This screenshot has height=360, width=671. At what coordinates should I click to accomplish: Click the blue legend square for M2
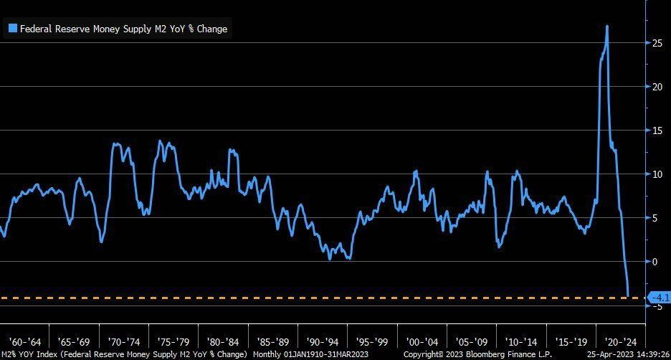[12, 29]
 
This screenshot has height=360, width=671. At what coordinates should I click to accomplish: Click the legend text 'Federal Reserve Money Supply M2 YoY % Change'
[123, 29]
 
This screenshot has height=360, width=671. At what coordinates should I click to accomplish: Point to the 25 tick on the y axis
[656, 44]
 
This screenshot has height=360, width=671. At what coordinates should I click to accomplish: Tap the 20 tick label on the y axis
[656, 87]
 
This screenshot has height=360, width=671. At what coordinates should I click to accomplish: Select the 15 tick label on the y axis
[656, 131]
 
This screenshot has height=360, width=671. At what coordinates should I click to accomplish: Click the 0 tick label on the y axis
[653, 262]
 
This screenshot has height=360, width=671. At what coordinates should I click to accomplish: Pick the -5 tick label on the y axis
[655, 305]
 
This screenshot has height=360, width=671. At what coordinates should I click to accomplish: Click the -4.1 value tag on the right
[657, 297]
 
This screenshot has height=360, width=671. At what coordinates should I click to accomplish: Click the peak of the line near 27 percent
[607, 27]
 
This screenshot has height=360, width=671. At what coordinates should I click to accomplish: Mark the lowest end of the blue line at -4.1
[628, 295]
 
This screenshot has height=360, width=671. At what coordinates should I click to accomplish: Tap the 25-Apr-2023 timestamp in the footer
[627, 354]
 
